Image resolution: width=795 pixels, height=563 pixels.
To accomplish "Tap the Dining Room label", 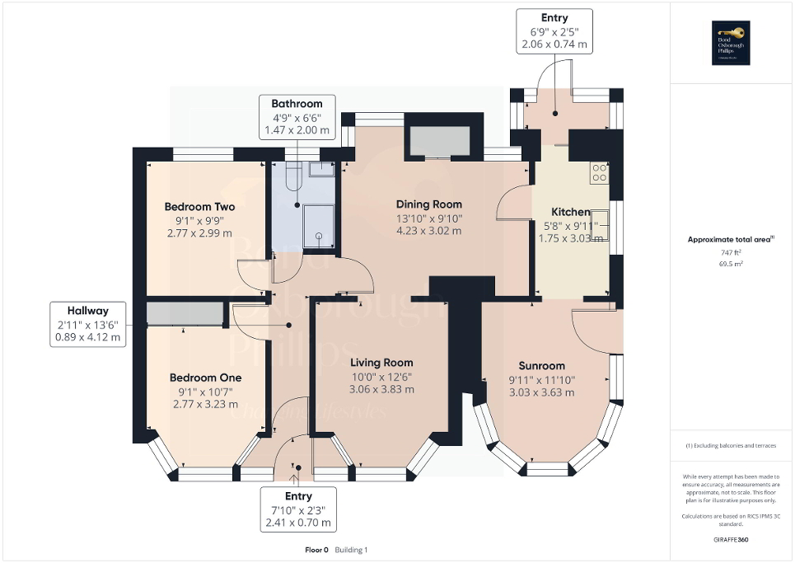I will (x=428, y=204).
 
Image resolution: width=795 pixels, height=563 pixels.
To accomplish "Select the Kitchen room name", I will (x=570, y=212).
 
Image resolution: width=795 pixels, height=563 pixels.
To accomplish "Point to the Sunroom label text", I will (x=541, y=366).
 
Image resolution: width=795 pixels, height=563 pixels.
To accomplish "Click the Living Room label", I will (x=381, y=363).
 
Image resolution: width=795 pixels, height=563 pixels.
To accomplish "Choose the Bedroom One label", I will (x=205, y=378).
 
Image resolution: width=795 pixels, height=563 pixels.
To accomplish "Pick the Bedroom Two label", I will (x=199, y=207).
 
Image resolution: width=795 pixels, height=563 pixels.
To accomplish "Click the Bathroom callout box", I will (x=297, y=116).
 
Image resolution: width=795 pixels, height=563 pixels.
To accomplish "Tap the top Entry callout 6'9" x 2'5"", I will (x=554, y=31).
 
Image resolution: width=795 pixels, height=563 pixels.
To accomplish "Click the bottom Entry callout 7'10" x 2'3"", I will (x=298, y=509).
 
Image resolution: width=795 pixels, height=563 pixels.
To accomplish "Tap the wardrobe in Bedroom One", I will (x=185, y=314).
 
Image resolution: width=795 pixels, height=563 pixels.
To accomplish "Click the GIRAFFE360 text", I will (x=732, y=540).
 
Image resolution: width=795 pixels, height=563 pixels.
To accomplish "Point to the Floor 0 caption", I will (x=316, y=550).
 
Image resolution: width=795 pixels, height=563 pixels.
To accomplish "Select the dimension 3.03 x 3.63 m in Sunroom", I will (x=541, y=392).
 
